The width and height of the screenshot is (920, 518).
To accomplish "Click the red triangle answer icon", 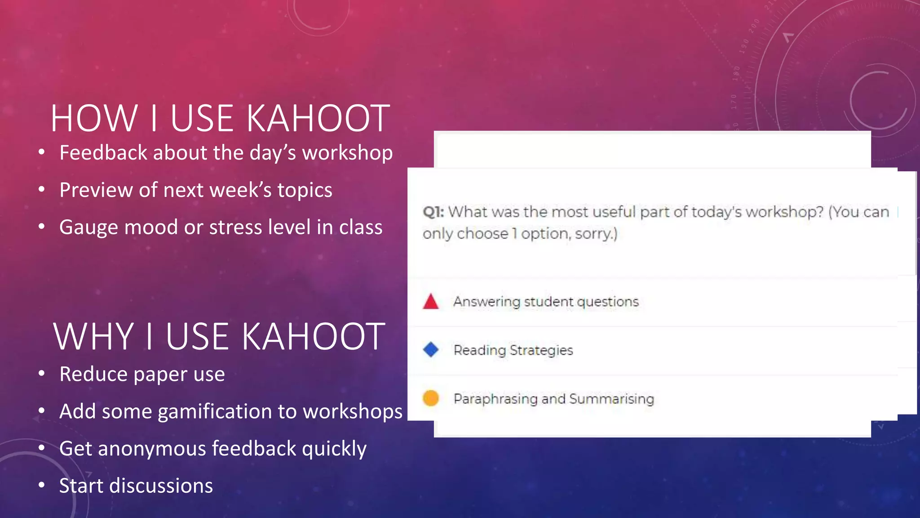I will pyautogui.click(x=430, y=302).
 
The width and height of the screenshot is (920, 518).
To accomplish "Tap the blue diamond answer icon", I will pyautogui.click(x=430, y=349).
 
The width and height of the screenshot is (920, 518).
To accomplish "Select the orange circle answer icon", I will pyautogui.click(x=430, y=398).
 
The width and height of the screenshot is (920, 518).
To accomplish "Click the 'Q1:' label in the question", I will pyautogui.click(x=433, y=212).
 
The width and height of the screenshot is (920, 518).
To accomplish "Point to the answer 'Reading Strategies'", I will pyautogui.click(x=513, y=350).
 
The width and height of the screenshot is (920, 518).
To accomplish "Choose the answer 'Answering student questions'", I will pyautogui.click(x=546, y=302).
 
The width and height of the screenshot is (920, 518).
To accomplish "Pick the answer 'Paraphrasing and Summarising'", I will pyautogui.click(x=553, y=399).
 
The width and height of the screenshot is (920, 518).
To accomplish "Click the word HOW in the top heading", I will pyautogui.click(x=94, y=119).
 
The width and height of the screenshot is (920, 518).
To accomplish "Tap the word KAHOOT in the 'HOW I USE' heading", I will pyautogui.click(x=318, y=119).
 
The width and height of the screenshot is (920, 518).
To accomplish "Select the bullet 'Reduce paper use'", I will pyautogui.click(x=142, y=374).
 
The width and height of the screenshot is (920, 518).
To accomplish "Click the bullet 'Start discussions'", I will pyautogui.click(x=136, y=486).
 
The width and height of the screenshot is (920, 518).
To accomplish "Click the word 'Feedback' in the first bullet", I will pyautogui.click(x=103, y=153).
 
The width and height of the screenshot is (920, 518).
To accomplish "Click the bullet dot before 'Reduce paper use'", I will pyautogui.click(x=42, y=373).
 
